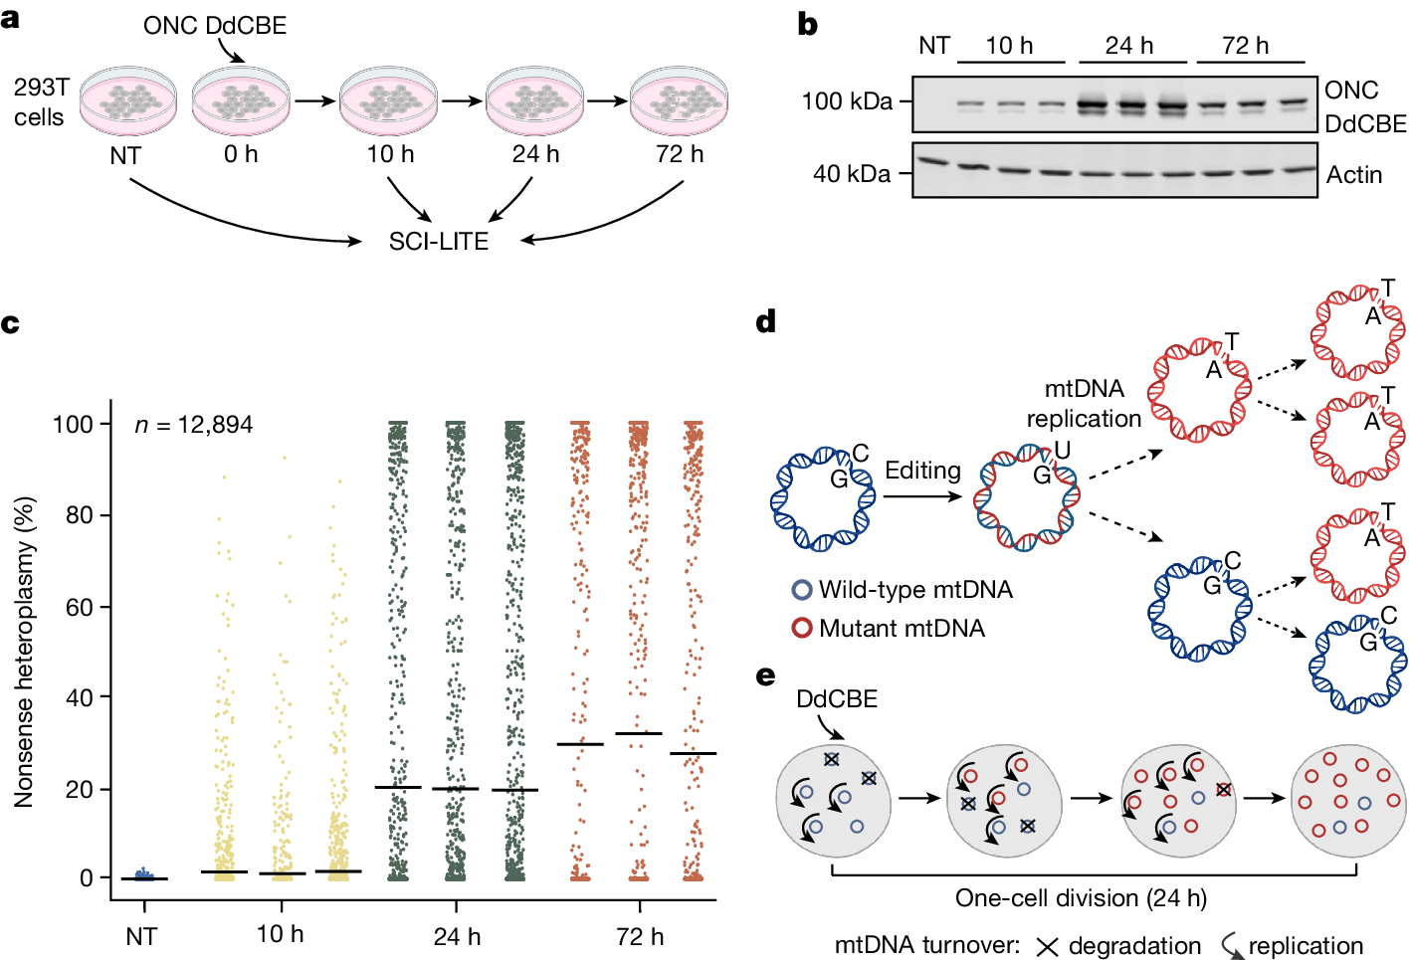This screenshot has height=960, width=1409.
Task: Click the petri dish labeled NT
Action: (x=127, y=100)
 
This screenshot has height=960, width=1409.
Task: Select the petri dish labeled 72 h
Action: (x=679, y=100)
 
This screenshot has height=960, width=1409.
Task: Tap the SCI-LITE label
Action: (x=439, y=242)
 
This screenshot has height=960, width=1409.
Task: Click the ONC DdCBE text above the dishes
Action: (x=215, y=25)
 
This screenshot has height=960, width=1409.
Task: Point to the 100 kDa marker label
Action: (x=847, y=101)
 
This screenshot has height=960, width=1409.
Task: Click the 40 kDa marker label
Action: (x=852, y=174)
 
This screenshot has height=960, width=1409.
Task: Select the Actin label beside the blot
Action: (x=1354, y=175)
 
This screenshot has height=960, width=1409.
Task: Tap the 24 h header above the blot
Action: (x=1129, y=45)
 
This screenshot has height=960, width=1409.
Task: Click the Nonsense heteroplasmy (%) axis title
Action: (x=25, y=652)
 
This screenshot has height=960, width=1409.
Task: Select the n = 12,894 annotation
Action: (x=194, y=425)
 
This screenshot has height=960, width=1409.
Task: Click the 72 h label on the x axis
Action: (x=640, y=936)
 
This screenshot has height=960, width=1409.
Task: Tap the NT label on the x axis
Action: (x=141, y=936)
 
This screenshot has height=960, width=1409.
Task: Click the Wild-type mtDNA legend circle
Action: (x=802, y=590)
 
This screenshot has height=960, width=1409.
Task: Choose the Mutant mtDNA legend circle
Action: (x=802, y=629)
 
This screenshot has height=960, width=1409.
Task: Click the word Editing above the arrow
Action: (x=922, y=471)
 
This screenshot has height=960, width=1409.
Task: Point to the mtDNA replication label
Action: (x=1084, y=403)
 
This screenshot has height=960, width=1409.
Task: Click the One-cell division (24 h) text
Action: (x=1081, y=898)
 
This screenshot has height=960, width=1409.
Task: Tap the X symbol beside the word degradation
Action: (x=1047, y=946)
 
